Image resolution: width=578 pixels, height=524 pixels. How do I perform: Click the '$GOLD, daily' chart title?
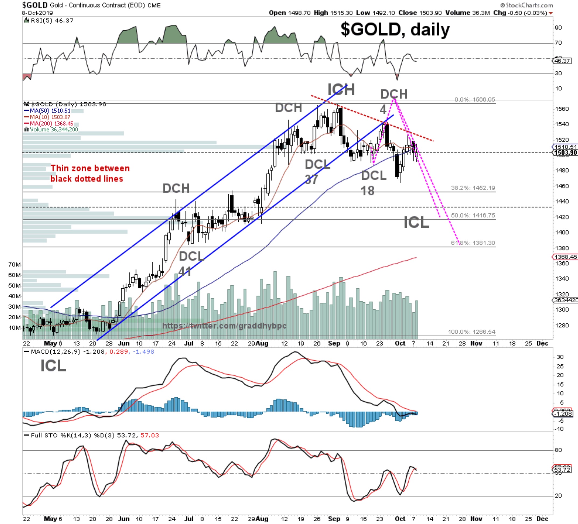395,30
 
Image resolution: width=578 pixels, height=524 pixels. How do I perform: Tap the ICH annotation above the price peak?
341,89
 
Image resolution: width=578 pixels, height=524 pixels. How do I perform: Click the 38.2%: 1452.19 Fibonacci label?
473,188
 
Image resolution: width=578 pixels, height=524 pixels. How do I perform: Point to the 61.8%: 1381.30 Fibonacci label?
473,243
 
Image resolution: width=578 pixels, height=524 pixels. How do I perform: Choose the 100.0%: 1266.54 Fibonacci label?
471,332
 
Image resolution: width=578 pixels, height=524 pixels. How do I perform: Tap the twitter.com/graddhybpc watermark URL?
224,326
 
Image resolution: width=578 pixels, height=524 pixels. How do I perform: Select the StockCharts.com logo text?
527,5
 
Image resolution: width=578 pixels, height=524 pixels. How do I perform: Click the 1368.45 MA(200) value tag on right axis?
565,257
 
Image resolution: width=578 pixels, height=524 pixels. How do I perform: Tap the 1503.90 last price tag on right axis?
565,152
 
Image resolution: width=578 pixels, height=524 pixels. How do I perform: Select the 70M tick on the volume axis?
14,265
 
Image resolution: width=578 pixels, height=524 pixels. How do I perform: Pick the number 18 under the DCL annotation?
368,191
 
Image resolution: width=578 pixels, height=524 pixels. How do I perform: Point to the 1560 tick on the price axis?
561,109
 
